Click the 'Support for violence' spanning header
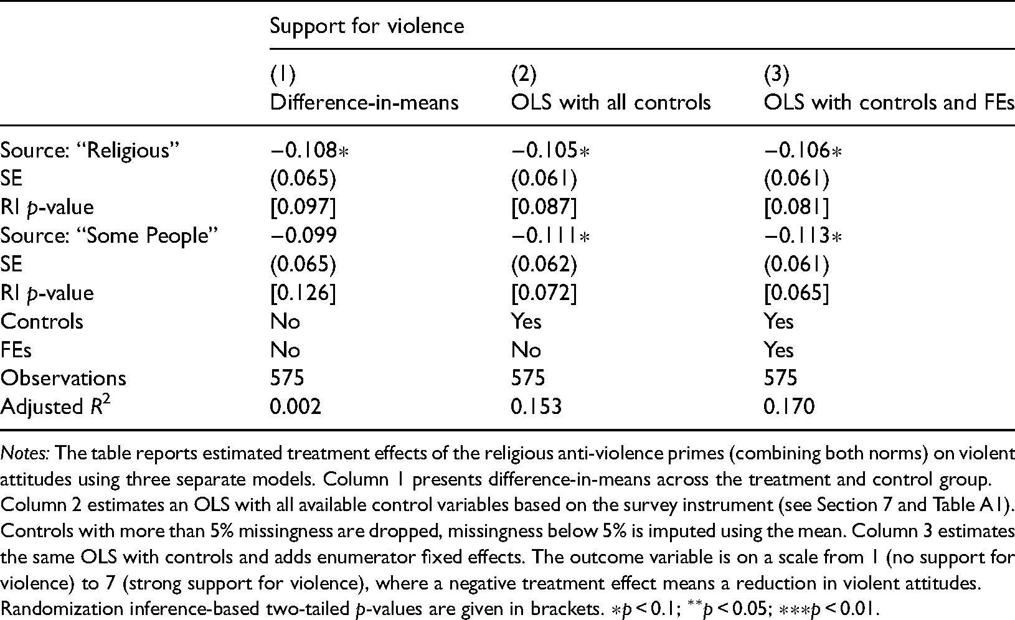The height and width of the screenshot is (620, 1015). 367,26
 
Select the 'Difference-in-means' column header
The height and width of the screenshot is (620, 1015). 364,102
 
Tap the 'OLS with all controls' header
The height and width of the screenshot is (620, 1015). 611,102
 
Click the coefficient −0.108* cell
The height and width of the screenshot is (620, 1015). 309,151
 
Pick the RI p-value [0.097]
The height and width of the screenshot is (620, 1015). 303,207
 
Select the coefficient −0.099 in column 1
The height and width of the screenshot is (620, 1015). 304,235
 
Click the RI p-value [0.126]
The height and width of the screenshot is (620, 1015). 303,293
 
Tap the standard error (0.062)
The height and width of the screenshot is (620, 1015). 544,265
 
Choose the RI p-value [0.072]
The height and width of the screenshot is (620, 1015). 544,293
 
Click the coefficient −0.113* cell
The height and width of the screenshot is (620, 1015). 803,235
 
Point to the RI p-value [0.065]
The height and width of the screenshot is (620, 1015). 796,293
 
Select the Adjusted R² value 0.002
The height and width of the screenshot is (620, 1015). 295,406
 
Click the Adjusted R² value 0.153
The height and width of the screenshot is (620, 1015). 537,406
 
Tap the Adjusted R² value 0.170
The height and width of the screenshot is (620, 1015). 790,406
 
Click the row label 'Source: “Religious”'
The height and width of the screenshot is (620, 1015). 90,151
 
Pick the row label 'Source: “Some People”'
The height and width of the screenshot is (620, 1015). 109,236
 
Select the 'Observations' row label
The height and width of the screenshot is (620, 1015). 63,378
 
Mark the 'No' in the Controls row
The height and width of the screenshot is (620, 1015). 285,322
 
